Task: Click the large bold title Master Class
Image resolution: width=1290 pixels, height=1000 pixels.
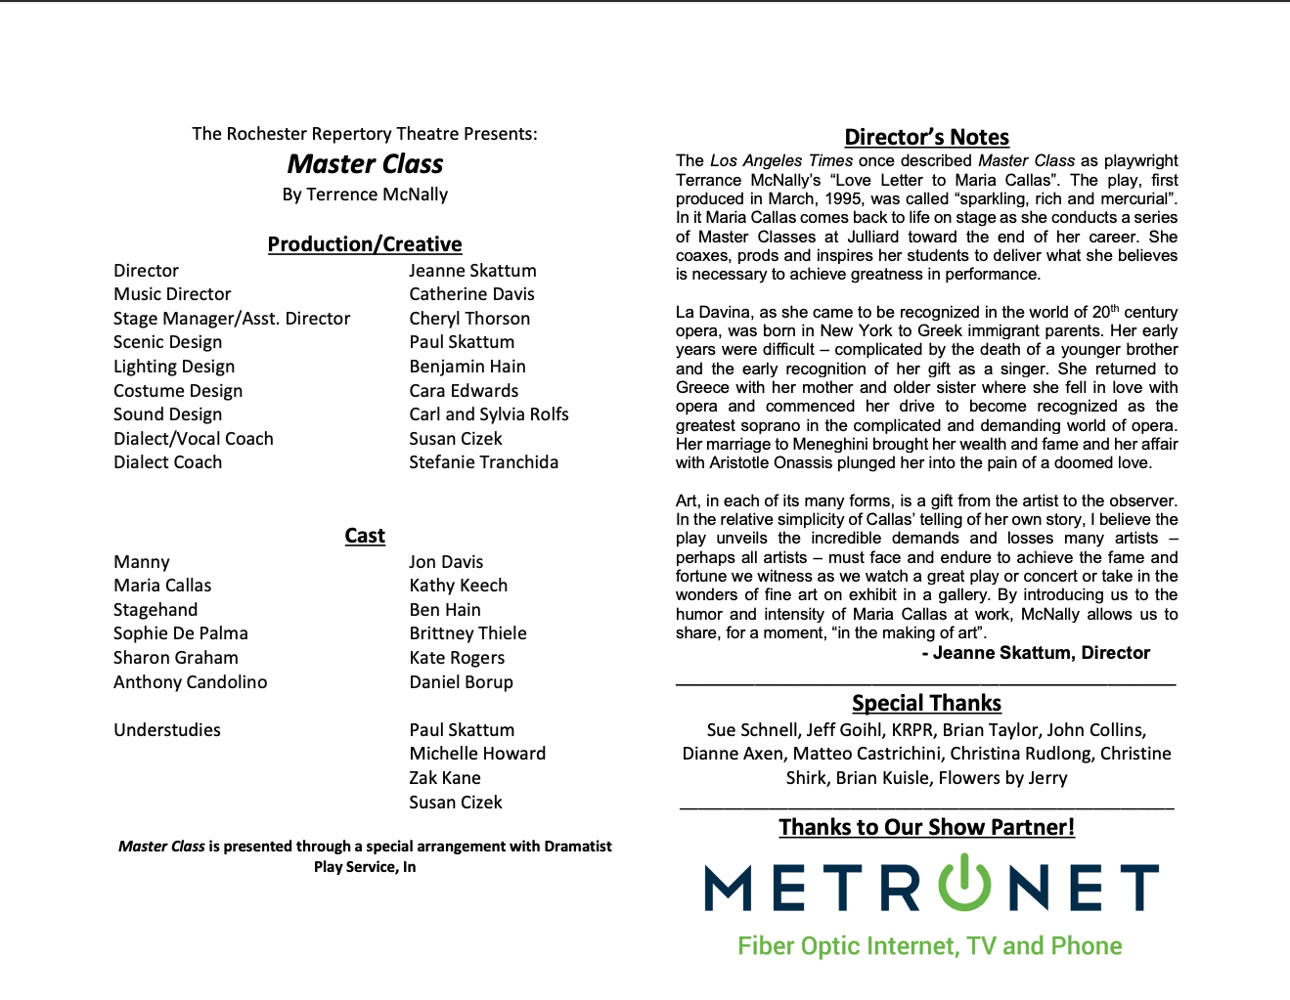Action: click(365, 164)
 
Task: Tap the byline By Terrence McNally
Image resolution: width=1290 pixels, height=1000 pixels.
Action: click(365, 195)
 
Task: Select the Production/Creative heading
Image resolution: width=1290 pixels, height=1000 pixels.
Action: click(365, 244)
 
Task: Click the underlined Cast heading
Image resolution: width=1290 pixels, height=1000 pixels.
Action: click(365, 536)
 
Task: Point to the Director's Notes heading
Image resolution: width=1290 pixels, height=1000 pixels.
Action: click(926, 138)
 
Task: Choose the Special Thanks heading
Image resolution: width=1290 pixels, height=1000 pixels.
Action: click(926, 704)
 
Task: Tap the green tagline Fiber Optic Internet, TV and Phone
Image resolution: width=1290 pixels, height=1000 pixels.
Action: click(929, 946)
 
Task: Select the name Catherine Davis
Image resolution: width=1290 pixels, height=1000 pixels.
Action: click(471, 294)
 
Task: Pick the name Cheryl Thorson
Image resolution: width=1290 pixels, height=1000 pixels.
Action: click(469, 319)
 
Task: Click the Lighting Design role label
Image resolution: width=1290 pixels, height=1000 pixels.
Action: click(174, 367)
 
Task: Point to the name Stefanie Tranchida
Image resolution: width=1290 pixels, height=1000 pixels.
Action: click(483, 462)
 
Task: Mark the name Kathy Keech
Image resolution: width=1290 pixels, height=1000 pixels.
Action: click(458, 586)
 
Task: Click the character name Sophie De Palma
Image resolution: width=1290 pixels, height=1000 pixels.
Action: click(181, 633)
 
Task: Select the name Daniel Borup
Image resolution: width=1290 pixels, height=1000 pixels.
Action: click(461, 682)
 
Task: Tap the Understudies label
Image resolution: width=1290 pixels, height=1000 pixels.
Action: click(167, 730)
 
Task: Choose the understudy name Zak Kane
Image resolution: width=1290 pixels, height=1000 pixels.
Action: click(445, 778)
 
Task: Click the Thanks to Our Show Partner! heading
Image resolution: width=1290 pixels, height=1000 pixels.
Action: click(926, 827)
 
